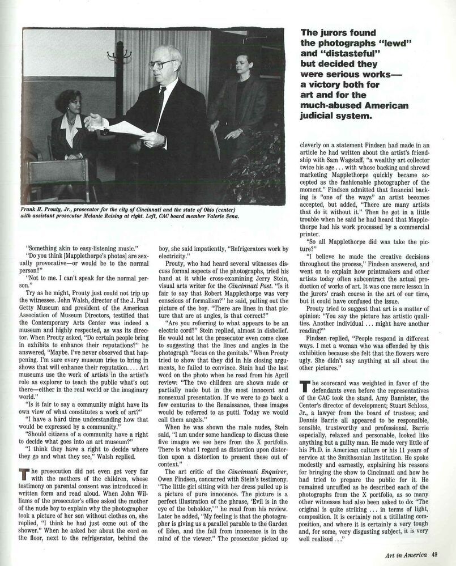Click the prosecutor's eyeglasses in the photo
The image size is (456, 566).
pos(161,64)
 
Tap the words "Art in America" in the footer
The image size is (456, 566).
pos(403,555)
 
